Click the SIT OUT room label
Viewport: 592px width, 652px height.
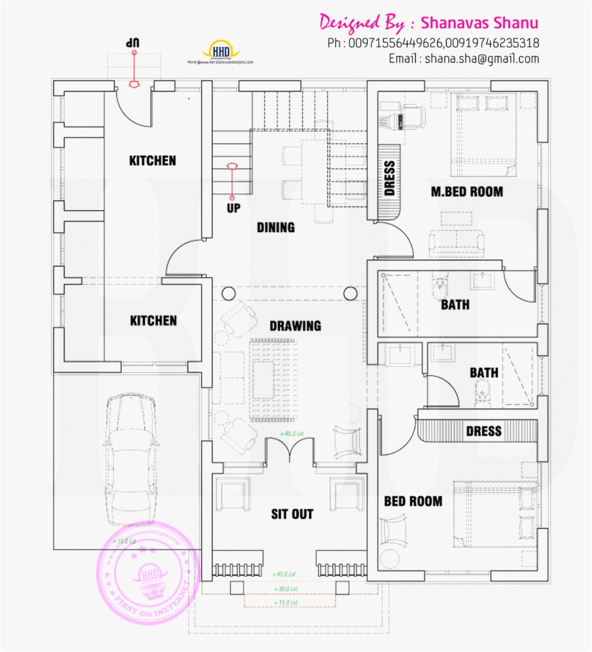click(x=292, y=514)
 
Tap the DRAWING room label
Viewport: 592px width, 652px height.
click(x=295, y=326)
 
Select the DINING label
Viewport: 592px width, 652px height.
click(x=276, y=227)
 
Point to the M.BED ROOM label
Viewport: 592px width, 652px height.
click(x=467, y=191)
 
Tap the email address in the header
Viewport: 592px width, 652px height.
click(x=464, y=59)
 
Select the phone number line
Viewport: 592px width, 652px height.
click(x=434, y=43)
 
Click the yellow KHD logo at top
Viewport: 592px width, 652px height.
click(x=221, y=51)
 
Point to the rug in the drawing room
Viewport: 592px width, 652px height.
click(x=274, y=379)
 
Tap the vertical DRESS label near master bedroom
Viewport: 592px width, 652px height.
click(x=390, y=178)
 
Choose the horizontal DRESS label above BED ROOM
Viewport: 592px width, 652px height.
click(x=484, y=431)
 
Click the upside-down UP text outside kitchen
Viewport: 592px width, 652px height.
click(x=132, y=42)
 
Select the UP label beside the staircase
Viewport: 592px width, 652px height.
click(x=233, y=208)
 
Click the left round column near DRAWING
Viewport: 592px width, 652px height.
click(x=228, y=293)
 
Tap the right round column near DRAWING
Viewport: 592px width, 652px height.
click(x=350, y=293)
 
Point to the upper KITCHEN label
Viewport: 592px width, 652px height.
click(x=153, y=160)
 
